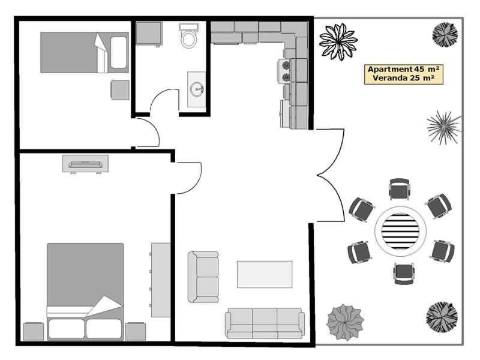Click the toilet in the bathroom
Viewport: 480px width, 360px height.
pyautogui.click(x=188, y=35)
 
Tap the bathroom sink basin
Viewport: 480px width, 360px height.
pyautogui.click(x=197, y=89)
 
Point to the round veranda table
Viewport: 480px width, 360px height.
pyautogui.click(x=400, y=231)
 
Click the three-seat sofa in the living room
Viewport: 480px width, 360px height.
pyautogui.click(x=265, y=323)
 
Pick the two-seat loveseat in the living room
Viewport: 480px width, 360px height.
pyautogui.click(x=203, y=277)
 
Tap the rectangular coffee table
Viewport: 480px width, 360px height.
pyautogui.click(x=265, y=274)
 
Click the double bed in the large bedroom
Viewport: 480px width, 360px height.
pyautogui.click(x=85, y=292)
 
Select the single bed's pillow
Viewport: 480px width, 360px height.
pyautogui.click(x=118, y=52)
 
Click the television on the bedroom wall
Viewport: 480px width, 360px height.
pyautogui.click(x=85, y=164)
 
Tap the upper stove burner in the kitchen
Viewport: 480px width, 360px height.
pyautogui.click(x=286, y=65)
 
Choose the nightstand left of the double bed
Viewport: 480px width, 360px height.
pyautogui.click(x=34, y=332)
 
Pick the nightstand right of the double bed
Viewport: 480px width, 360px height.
pyautogui.click(x=136, y=332)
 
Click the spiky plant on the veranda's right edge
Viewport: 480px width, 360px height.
pyautogui.click(x=444, y=127)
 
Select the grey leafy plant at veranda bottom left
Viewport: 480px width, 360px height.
pyautogui.click(x=346, y=322)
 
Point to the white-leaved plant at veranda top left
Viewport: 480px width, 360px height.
pyautogui.click(x=338, y=41)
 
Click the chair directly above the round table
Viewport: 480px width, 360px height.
pyautogui.click(x=399, y=189)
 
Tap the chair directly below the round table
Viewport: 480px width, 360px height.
pyautogui.click(x=404, y=274)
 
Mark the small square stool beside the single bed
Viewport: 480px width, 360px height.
pyautogui.click(x=121, y=89)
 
